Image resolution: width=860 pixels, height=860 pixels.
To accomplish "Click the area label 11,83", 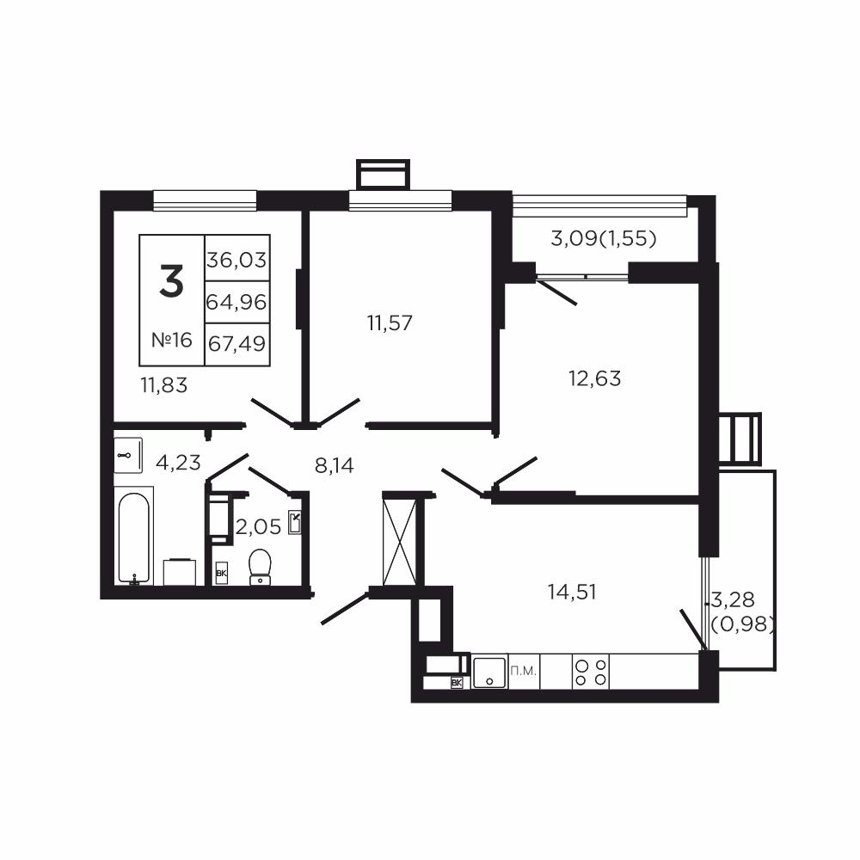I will coord(163,385).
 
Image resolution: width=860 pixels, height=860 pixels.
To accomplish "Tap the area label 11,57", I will coord(390,323).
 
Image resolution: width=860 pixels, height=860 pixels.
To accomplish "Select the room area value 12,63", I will coord(594,378).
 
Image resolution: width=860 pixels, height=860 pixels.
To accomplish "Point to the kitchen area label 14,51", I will coord(572,591).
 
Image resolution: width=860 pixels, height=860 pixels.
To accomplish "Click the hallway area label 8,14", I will coord(335,466).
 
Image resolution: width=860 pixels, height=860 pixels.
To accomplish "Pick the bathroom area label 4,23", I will coord(178,463).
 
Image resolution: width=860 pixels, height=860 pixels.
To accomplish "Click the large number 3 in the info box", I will coord(171,282).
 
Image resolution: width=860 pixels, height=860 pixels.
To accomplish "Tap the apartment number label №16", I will coord(171,340).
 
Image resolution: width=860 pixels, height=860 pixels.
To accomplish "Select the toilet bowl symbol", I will coord(260,567).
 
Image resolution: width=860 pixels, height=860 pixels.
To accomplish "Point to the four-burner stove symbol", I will coord(591,672).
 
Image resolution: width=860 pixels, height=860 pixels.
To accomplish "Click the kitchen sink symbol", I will coord(488,672).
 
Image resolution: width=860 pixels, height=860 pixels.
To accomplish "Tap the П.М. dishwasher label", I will coord(523,670).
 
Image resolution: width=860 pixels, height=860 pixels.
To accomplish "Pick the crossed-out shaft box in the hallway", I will coord(399,540).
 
